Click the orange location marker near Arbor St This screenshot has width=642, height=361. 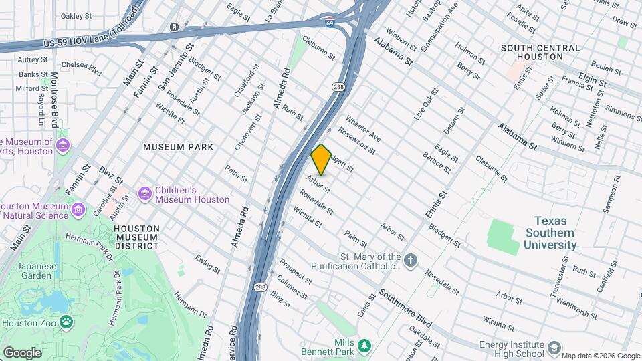(321, 160)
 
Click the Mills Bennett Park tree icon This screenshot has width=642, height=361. (364, 346)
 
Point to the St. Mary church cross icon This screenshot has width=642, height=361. (411, 259)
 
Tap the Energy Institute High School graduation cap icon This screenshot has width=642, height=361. (554, 348)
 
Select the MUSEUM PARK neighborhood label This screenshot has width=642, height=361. (178, 146)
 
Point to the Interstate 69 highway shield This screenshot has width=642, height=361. (330, 23)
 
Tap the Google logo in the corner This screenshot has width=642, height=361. (22, 352)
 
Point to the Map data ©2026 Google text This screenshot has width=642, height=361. (600, 356)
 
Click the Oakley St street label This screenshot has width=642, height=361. (76, 15)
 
